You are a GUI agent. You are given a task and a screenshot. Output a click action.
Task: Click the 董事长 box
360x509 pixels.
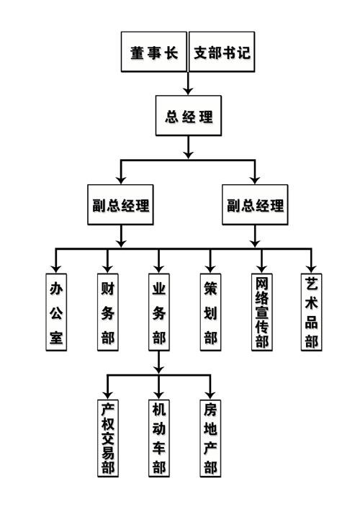coord(154,52)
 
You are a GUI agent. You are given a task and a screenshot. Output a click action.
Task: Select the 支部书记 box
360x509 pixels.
coord(222,52)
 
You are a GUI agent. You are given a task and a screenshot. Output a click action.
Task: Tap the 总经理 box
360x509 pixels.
coord(188,116)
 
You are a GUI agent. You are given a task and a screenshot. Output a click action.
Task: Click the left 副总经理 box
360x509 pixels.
coord(120,204)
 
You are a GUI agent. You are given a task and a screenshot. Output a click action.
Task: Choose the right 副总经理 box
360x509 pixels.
coord(255,204)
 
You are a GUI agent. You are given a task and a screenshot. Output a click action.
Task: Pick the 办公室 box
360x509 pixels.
coord(56,312)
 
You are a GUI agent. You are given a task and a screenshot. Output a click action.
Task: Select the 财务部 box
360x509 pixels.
coord(108,312)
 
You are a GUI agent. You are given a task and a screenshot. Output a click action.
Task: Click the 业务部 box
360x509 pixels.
coord(158,312)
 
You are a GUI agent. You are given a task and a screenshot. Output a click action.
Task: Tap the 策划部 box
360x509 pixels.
coord(210,312)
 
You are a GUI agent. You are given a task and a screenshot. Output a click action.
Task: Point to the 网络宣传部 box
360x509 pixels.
coord(261,312)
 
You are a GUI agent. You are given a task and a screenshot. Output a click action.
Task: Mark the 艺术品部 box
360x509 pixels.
coord(311,312)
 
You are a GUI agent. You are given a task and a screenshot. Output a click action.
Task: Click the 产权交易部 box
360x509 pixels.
coord(108,438)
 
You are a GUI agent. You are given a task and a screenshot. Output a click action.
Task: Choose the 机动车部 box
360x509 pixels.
coord(158,438)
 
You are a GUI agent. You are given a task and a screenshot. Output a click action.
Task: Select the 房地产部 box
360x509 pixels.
coord(210,438)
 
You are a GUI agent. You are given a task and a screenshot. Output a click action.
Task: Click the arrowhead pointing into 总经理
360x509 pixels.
coord(188,91)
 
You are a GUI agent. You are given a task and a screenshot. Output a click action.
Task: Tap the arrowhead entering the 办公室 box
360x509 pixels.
coord(56,269)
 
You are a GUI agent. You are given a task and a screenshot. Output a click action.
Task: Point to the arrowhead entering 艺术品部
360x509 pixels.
coord(311,269)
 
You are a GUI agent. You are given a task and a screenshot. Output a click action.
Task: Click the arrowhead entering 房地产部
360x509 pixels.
coord(210,395)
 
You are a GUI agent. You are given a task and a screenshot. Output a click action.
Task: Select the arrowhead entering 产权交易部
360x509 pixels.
coord(108,395)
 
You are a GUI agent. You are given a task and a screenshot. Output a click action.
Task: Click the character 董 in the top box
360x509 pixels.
coord(137,53)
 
